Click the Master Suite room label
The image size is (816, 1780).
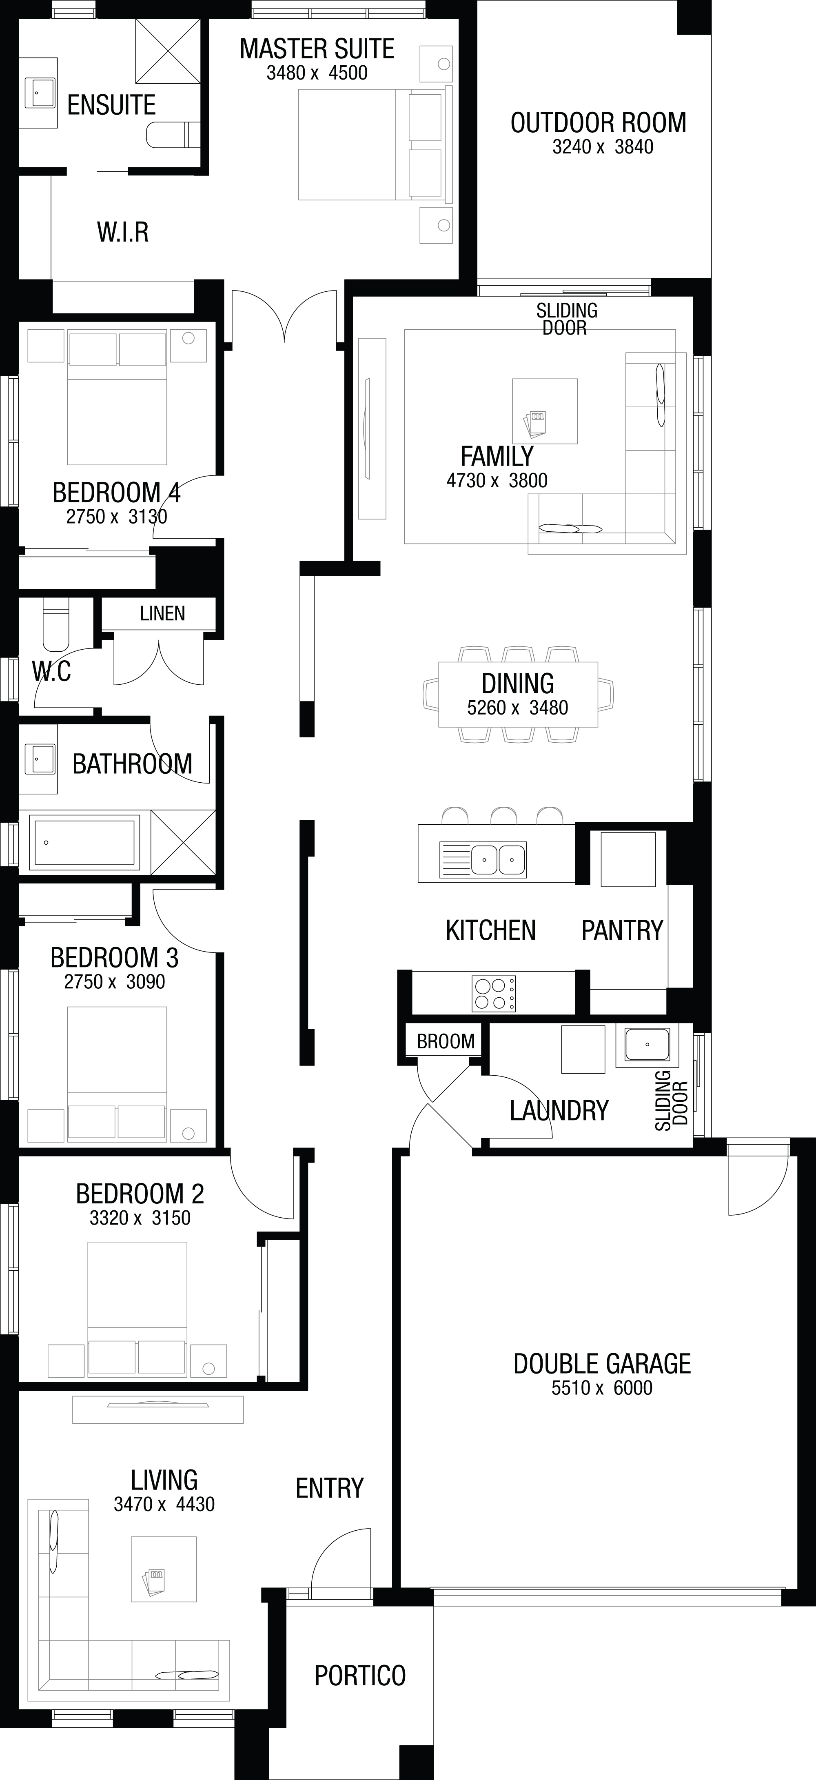click(317, 49)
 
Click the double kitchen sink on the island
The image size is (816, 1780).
click(497, 859)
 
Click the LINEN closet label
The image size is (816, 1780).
click(162, 613)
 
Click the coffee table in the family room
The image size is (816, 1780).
click(545, 411)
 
